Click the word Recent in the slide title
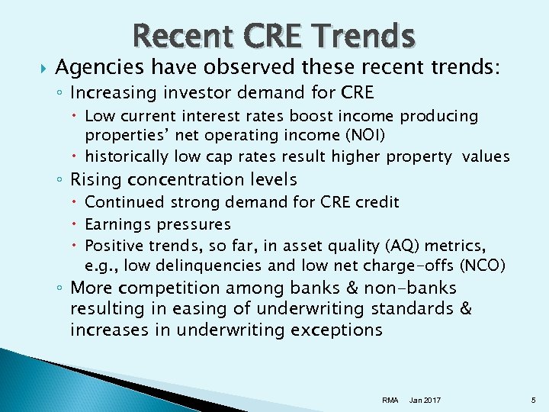(178, 35)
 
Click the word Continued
(124, 202)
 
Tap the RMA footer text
(390, 400)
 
